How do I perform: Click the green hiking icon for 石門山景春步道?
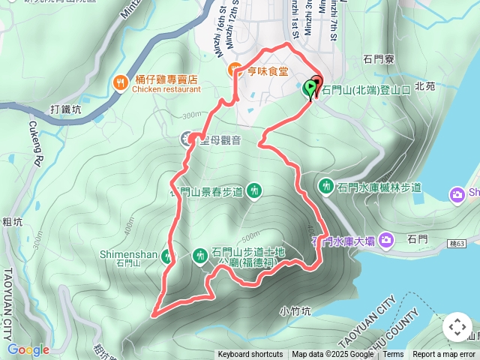[254, 191]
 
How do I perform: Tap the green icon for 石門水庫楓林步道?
[326, 186]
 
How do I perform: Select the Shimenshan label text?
[128, 254]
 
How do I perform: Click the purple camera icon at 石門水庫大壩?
[386, 240]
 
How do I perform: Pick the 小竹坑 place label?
[294, 310]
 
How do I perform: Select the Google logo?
[28, 349]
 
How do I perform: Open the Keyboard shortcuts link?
[250, 355]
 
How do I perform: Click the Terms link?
[393, 355]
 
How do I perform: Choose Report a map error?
[444, 355]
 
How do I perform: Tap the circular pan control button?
[457, 327]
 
